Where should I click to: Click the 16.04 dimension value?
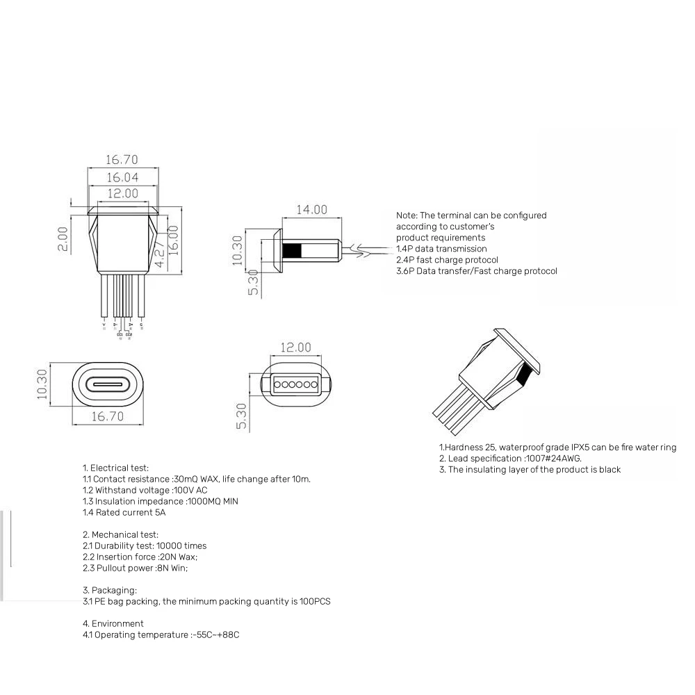point(122,177)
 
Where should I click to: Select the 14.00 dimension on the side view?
point(311,209)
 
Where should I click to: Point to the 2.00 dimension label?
point(63,238)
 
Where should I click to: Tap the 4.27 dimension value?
point(160,254)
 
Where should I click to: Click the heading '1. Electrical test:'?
point(115,468)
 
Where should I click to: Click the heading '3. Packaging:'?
point(110,590)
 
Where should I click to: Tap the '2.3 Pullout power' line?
point(135,568)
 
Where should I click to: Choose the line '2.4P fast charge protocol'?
point(447,260)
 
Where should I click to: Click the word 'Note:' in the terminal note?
point(407,215)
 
